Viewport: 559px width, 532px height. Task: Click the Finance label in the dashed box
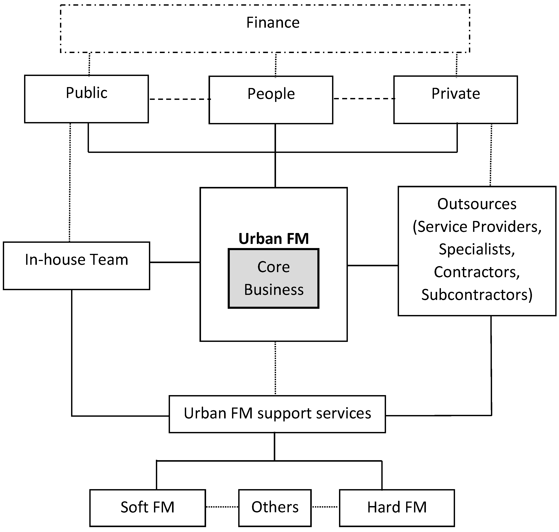[x=273, y=23]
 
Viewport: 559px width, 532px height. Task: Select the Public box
[x=86, y=99]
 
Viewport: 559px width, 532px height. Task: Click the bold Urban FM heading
[x=274, y=238]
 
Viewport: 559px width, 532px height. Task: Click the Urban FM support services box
[x=277, y=414]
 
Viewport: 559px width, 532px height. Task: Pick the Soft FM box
[x=147, y=508]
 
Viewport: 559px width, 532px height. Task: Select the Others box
[x=275, y=508]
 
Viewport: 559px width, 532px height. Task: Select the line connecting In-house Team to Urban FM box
[x=175, y=262]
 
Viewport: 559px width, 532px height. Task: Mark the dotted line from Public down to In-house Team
[x=70, y=181]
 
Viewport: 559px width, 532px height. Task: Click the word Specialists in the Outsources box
[x=477, y=249]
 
